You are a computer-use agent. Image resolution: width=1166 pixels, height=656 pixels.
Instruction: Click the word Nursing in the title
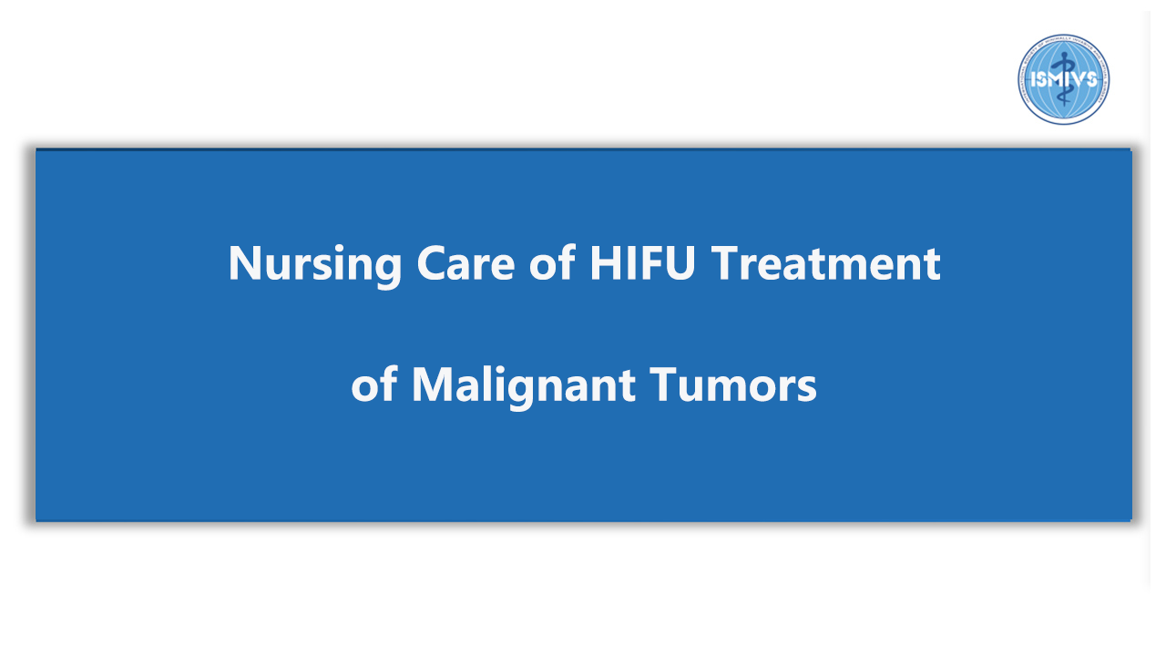click(x=315, y=265)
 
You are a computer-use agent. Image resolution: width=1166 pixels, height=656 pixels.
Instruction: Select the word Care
click(x=465, y=263)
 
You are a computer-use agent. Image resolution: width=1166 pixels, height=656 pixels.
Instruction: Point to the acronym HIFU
click(x=642, y=262)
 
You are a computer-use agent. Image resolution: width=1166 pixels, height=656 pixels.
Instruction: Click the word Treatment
click(x=825, y=262)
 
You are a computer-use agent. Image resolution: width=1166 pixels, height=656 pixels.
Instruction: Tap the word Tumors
click(x=733, y=384)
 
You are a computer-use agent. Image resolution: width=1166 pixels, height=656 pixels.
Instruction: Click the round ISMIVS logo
click(x=1063, y=79)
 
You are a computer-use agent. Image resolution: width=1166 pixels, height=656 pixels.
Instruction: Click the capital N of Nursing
click(x=245, y=263)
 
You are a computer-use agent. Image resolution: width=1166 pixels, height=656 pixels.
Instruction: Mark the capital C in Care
click(x=432, y=263)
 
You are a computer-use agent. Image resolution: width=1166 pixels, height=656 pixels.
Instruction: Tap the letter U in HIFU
click(x=680, y=263)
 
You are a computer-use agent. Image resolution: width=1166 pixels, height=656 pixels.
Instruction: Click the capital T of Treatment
click(x=726, y=263)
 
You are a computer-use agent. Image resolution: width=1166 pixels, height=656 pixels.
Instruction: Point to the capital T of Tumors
click(x=665, y=384)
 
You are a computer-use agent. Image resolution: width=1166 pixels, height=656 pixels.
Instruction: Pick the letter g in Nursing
click(x=387, y=272)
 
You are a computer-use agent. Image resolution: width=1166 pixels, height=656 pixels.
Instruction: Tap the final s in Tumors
click(x=807, y=389)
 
